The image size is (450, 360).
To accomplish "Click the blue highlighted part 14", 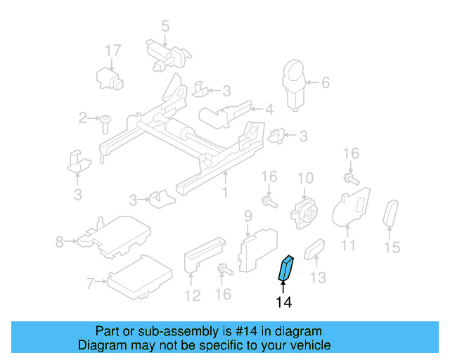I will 286,268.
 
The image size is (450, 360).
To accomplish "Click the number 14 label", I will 283,302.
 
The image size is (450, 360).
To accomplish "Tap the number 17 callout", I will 113,50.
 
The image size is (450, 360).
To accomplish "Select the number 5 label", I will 165,27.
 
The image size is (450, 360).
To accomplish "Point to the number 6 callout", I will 325,82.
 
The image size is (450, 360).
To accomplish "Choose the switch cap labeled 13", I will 314,250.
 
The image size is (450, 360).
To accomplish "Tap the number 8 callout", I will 59,243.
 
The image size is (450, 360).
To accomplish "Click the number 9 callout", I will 247,214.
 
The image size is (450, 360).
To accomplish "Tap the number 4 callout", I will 269,109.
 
